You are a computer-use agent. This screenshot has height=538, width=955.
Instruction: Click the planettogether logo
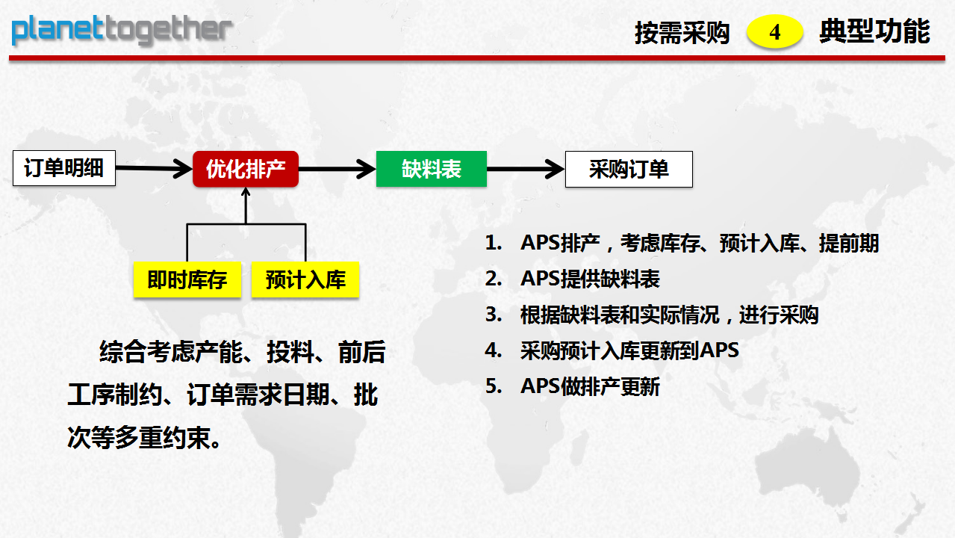coord(122,31)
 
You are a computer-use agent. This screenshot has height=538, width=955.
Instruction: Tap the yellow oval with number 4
coord(774,31)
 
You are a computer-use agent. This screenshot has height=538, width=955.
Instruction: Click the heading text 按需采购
coord(682,33)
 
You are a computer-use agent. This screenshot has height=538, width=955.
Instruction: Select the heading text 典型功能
coord(874,31)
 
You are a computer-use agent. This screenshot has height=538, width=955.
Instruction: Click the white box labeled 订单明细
coord(64,168)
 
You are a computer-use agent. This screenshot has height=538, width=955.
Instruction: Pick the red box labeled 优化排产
coord(246,169)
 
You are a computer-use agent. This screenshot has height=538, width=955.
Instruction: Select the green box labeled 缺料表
coord(432,169)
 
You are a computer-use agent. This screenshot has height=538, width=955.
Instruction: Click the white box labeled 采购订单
coord(629,170)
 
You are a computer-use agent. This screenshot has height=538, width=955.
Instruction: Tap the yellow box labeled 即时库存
coord(187,280)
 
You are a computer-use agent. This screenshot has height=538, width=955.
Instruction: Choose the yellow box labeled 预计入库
coord(305,280)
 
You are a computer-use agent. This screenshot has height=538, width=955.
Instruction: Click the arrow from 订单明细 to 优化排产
coord(154,169)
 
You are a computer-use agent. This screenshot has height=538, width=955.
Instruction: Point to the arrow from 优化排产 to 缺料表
coord(337,170)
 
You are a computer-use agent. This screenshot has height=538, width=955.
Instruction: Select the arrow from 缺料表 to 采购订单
coord(526,170)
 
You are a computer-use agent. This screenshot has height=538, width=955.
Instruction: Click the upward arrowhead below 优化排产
coord(246,193)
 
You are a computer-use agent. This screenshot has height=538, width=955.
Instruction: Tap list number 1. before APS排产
coord(494,243)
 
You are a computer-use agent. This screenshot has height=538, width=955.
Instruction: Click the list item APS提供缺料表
coord(590,279)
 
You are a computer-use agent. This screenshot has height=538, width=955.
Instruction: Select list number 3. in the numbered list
coord(494,315)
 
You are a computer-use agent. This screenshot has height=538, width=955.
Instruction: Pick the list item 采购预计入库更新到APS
coord(629,350)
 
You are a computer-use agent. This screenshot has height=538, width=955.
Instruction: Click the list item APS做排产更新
coord(590,386)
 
